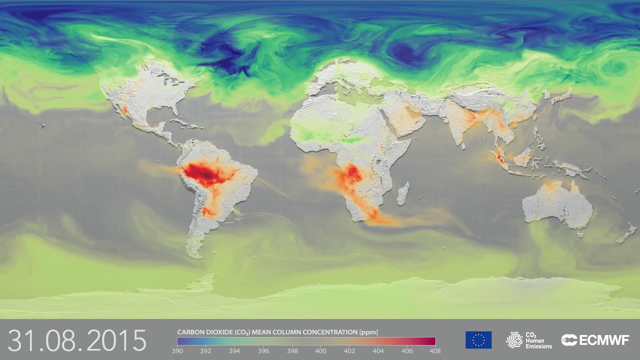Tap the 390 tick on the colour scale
click(177, 351)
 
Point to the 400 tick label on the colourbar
click(320, 351)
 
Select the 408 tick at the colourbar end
click(435, 351)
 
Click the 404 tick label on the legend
click(378, 351)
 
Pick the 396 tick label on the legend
click(263, 351)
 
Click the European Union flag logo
click(478, 340)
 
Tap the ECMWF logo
click(595, 340)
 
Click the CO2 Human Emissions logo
click(529, 340)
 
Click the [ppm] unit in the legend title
click(368, 332)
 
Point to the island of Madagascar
click(403, 193)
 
